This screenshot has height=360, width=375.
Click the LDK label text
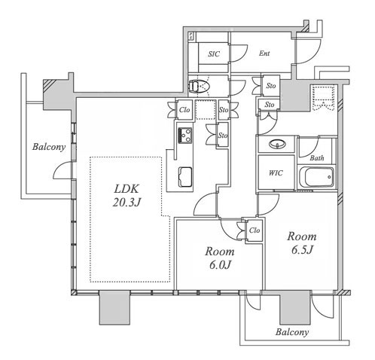126,188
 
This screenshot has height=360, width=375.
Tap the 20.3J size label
126,203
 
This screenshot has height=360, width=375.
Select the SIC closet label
214,54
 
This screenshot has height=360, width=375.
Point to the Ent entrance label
264,53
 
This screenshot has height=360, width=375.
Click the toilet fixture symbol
200,86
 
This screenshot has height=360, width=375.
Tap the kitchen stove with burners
185,136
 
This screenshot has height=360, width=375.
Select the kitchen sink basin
185,177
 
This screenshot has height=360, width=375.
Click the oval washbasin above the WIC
277,144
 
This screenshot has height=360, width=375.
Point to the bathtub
317,177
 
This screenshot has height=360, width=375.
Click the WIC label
276,173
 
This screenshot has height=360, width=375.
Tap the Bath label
317,158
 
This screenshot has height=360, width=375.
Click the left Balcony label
49,147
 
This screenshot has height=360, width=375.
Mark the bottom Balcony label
292,332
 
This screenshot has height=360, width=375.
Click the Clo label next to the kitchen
184,110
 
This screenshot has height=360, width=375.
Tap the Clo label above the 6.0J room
255,230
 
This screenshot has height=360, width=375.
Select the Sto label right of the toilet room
271,86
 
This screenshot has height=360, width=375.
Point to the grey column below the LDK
114,307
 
